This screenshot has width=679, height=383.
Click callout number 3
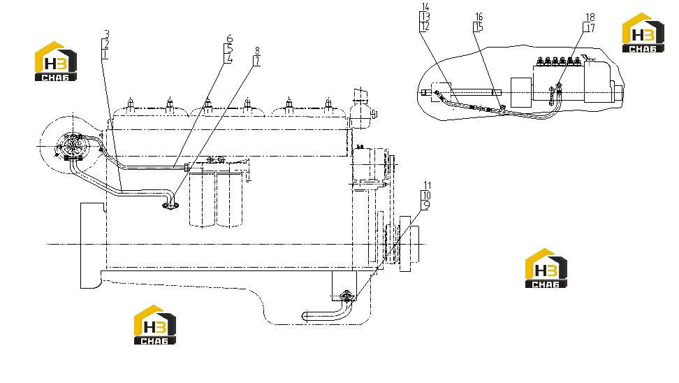click(106, 34)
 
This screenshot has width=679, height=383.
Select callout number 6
click(230, 39)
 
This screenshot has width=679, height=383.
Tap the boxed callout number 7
click(257, 62)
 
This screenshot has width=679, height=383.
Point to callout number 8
click(258, 52)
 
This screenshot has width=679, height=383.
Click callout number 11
click(428, 185)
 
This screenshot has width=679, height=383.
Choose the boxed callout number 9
click(426, 205)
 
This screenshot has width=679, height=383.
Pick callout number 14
click(425, 7)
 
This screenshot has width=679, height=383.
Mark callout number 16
click(479, 17)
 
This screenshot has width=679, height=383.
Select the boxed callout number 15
click(478, 27)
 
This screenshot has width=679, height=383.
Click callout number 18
click(590, 17)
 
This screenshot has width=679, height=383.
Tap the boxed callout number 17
click(590, 28)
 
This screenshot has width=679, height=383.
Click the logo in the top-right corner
click(643, 33)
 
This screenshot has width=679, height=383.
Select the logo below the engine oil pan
click(154, 325)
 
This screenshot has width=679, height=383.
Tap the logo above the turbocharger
click(56, 61)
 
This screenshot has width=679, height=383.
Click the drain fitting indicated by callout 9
click(347, 296)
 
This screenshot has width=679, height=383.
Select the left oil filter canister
click(202, 198)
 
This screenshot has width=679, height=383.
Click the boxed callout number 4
click(228, 59)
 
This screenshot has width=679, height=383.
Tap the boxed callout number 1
click(105, 55)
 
